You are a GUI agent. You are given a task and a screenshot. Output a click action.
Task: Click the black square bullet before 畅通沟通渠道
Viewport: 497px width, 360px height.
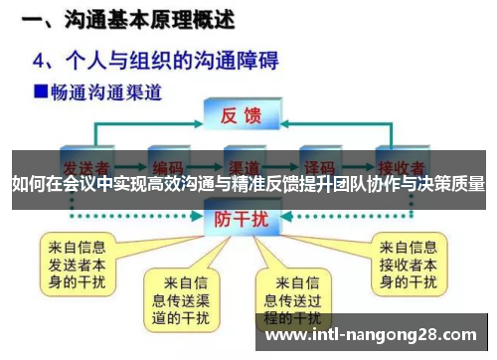point(41,92)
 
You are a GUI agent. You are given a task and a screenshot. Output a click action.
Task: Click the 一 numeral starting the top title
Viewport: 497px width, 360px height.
point(30,19)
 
